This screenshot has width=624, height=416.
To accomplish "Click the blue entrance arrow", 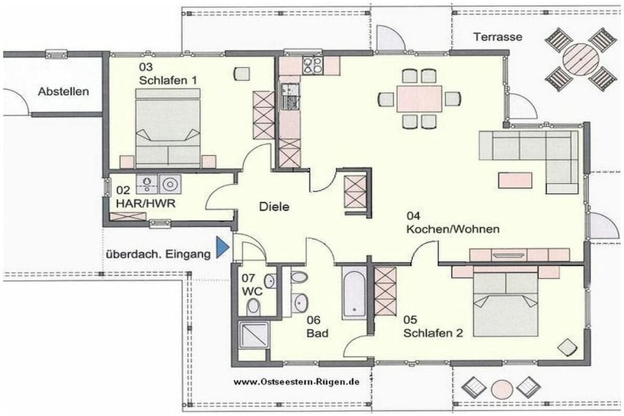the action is pos(222,247).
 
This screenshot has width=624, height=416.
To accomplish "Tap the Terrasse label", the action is pos(497,37).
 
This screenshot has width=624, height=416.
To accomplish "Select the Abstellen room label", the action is pos(63,91).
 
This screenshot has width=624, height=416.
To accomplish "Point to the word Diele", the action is pos(274,207).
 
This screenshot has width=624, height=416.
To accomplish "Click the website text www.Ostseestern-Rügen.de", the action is pos(297,382).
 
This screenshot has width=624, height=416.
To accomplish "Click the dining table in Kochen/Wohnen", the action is pos(419,99).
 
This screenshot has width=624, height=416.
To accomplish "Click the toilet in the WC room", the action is pos(253,306).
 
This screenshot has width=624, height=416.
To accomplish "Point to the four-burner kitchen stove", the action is pos(313,65).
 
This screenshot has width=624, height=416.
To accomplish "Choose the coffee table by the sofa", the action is pos(516,180).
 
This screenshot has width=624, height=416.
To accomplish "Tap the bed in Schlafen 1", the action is pos(168,128).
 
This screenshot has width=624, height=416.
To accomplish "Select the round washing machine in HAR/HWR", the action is pos(171,184).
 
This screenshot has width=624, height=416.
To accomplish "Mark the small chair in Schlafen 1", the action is pos(241,74).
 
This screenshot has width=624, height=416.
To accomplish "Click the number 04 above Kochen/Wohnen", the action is pos(413,216).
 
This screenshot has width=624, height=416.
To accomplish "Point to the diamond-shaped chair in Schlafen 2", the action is pos(567,347).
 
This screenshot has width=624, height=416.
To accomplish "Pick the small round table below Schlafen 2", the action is pos(502,389).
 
